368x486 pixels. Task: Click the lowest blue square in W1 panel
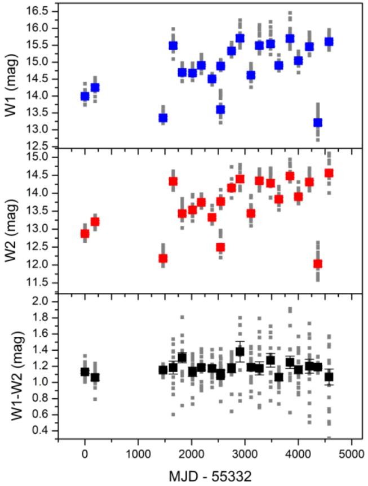click(x=318, y=123)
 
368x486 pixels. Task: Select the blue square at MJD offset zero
click(x=85, y=96)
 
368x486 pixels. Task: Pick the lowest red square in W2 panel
click(x=318, y=264)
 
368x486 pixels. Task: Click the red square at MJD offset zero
click(x=85, y=234)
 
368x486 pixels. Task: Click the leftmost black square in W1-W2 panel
click(x=85, y=372)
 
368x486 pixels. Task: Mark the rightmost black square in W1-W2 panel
click(x=329, y=377)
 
